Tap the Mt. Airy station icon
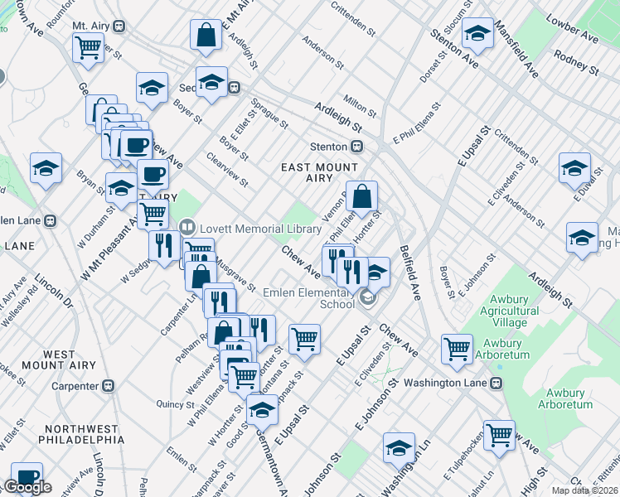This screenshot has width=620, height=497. (x=119, y=26)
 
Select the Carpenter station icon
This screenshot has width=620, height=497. (x=107, y=386)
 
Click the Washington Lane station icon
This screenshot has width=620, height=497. (x=496, y=384)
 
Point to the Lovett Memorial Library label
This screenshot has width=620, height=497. (x=259, y=227)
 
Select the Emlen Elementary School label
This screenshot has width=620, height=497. (x=308, y=297)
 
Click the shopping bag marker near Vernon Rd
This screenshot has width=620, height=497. (x=361, y=197)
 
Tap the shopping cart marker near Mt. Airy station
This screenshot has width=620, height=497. (x=89, y=47)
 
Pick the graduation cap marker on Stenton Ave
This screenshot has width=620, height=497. (x=477, y=34)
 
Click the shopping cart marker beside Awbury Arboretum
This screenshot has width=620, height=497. (x=457, y=349)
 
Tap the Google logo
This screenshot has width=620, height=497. (x=27, y=487)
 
